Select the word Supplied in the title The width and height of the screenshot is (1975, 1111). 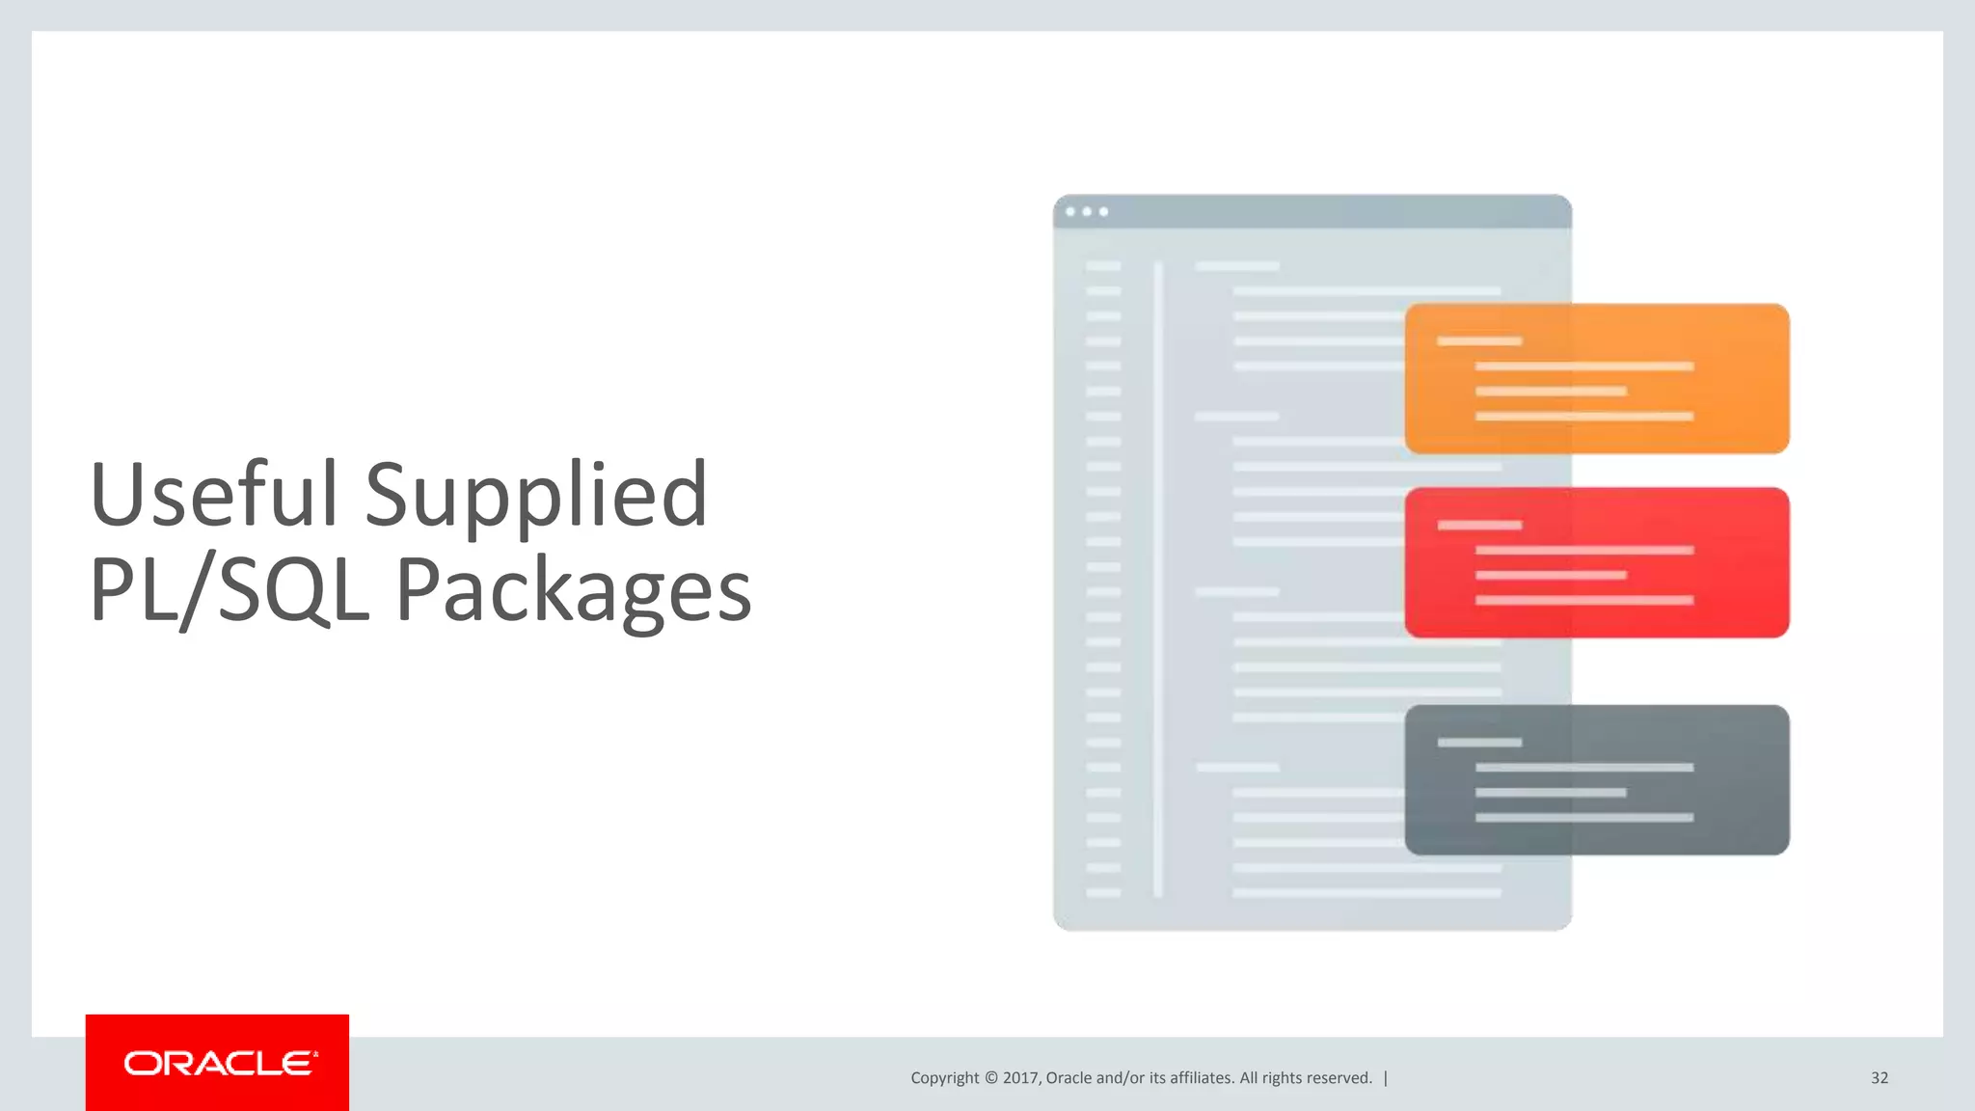pyautogui.click(x=536, y=498)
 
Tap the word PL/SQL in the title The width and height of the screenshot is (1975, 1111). pyautogui.click(x=230, y=590)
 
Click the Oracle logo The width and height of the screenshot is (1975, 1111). pyautogui.click(x=218, y=1063)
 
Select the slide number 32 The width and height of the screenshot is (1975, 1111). pyautogui.click(x=1879, y=1078)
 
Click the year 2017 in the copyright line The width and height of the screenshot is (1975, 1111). pyautogui.click(x=1020, y=1078)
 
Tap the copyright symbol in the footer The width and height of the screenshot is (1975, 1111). pyautogui.click(x=990, y=1078)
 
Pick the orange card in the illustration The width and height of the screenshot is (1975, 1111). pyautogui.click(x=1596, y=378)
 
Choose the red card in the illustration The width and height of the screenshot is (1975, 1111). pyautogui.click(x=1596, y=562)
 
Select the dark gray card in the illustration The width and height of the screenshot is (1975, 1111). pyautogui.click(x=1596, y=779)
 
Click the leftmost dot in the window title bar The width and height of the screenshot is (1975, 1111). pyautogui.click(x=1070, y=211)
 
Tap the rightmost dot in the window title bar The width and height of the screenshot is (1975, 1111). pyautogui.click(x=1104, y=211)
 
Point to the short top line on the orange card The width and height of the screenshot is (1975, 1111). pyautogui.click(x=1479, y=341)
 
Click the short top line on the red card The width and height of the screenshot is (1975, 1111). pyautogui.click(x=1479, y=525)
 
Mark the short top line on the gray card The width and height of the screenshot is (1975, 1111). pyautogui.click(x=1479, y=743)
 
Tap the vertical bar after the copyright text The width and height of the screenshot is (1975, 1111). pyautogui.click(x=1386, y=1078)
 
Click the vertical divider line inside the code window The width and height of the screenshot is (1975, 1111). pyautogui.click(x=1158, y=579)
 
